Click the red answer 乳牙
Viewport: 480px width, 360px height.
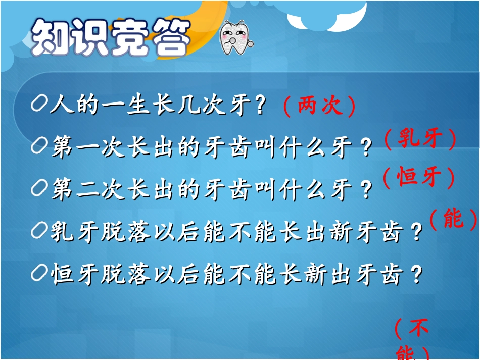(419, 138)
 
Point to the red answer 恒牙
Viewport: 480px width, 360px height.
(418, 177)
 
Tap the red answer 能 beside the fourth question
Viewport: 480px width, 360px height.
(453, 218)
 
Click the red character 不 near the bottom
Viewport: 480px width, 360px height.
(418, 329)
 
